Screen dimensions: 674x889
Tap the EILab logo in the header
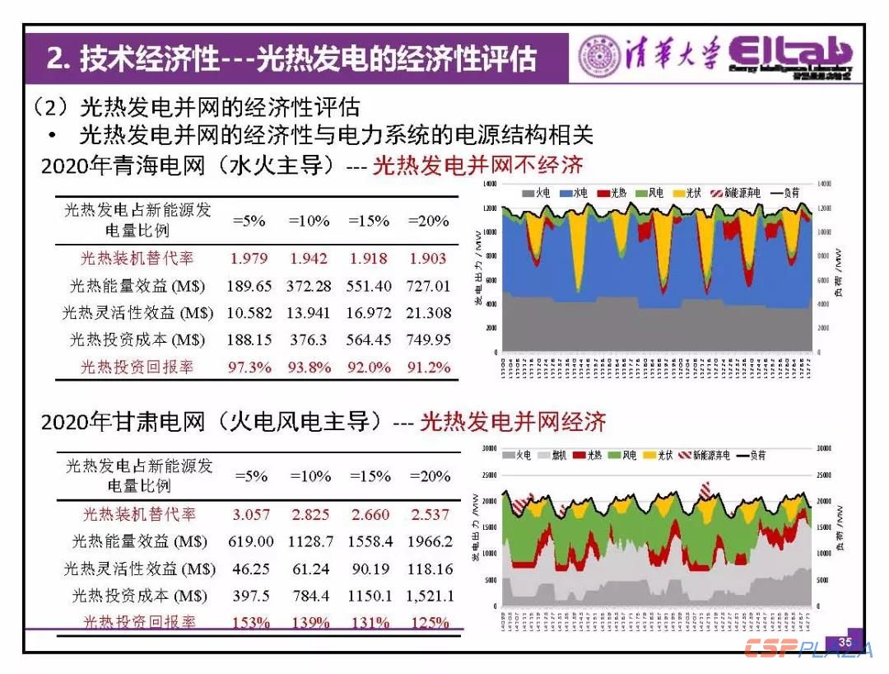[x=790, y=56]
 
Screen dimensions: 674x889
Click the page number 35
[x=845, y=642]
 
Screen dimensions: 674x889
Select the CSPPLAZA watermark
[x=808, y=649]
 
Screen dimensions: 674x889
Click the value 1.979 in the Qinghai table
[x=249, y=259]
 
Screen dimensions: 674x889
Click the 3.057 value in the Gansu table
[x=251, y=515]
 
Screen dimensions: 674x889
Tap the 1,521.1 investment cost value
[x=429, y=596]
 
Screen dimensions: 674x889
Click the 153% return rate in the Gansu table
[x=251, y=623]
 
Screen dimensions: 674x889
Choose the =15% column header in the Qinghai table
[x=368, y=222]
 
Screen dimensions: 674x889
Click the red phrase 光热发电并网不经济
[x=477, y=166]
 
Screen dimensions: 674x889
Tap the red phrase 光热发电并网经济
[x=513, y=422]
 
